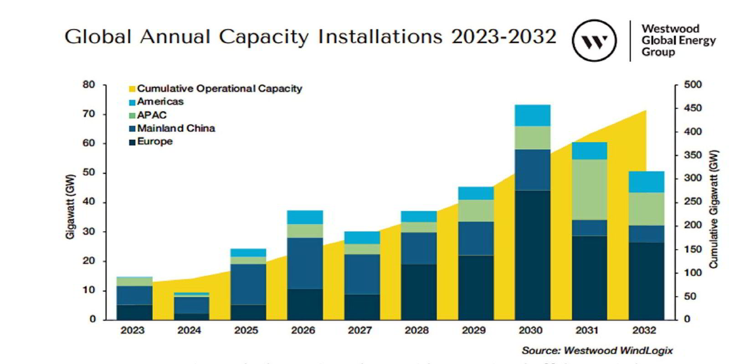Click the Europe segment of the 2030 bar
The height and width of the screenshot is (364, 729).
coord(533,255)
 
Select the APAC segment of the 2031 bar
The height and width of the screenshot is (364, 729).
coord(590,190)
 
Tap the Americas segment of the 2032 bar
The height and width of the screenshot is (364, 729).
coord(646,182)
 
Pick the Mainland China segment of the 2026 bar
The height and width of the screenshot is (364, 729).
coord(305,263)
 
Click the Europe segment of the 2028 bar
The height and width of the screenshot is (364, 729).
coord(419,292)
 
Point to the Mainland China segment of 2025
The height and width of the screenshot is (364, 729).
coord(248,284)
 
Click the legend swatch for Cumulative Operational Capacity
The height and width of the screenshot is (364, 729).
coord(132,89)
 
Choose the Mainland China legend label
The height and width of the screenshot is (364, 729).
coord(176,128)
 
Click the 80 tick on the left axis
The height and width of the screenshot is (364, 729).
coord(89,85)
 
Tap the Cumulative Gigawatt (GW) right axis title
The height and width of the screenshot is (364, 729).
coord(714,209)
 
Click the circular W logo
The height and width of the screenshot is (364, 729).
coord(594,40)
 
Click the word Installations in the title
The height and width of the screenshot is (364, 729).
coord(380,36)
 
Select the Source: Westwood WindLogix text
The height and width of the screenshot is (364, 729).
coord(597,350)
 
